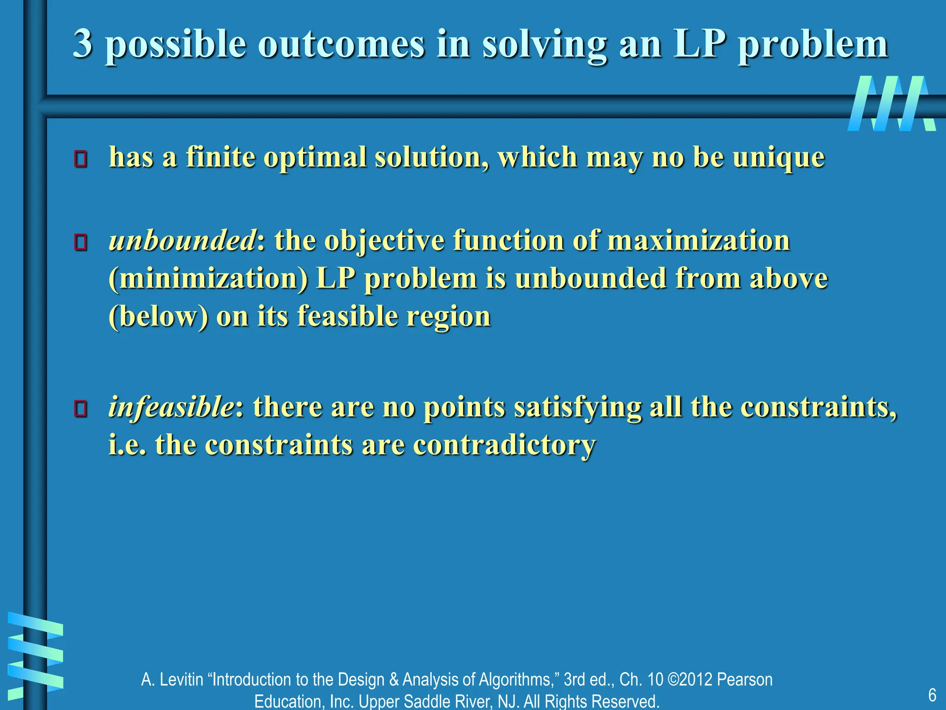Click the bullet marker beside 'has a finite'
[x=81, y=159]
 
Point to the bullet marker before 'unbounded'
[x=81, y=242]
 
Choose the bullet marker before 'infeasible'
[x=81, y=409]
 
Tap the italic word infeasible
[x=171, y=407]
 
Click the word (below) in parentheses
[x=158, y=317]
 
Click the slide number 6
[x=932, y=695]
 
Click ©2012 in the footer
[x=690, y=679]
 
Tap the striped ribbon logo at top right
[x=891, y=104]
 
